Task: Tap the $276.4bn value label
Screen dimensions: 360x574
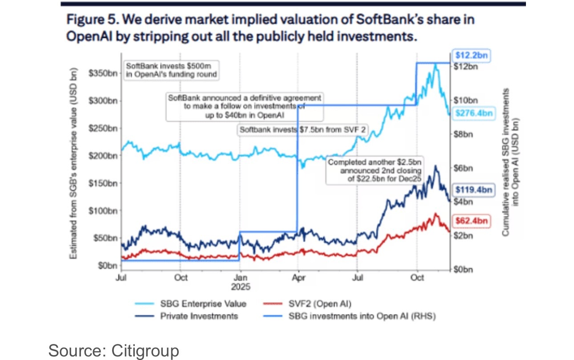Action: [x=474, y=114]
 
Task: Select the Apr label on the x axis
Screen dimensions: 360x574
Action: [x=298, y=278]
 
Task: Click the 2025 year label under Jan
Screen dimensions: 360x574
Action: [x=240, y=287]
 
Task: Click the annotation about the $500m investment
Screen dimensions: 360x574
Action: [x=171, y=70]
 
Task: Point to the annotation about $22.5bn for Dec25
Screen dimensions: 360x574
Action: [x=375, y=170]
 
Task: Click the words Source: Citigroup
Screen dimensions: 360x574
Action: [x=113, y=350]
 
